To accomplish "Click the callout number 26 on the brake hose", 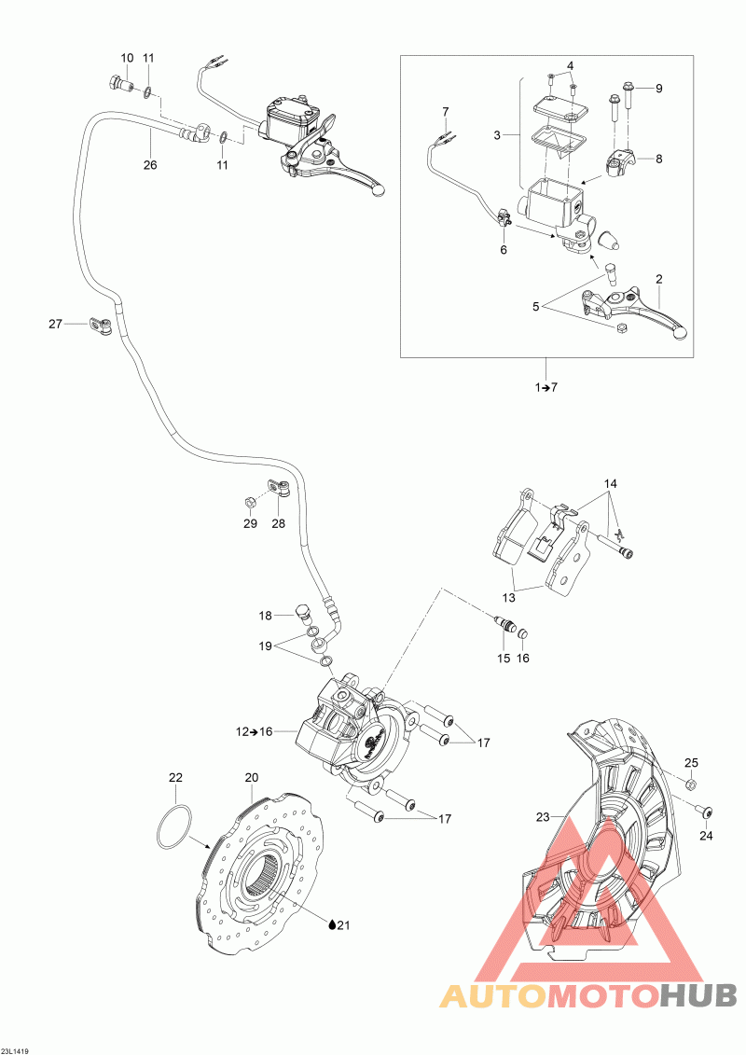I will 150,165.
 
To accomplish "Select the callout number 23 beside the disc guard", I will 544,818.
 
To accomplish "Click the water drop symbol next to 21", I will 332,924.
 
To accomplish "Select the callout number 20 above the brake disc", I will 251,777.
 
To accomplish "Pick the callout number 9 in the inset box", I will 657,89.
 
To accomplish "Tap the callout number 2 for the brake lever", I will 658,279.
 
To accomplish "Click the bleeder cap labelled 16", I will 523,635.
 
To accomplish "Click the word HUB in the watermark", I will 698,995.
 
